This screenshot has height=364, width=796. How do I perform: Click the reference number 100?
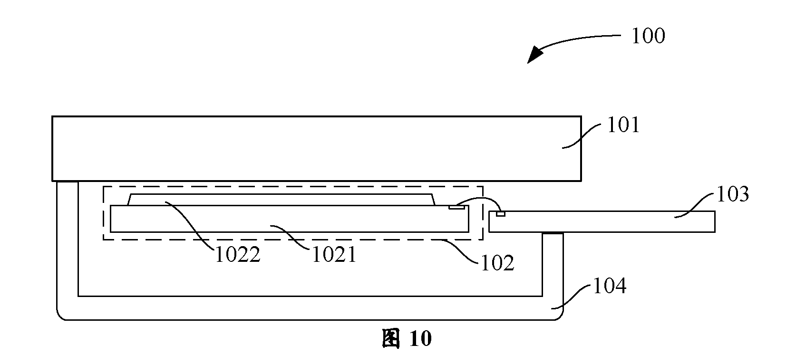[x=648, y=36]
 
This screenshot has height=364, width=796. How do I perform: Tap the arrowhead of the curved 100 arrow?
[x=535, y=56]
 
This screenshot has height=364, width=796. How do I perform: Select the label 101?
[x=623, y=125]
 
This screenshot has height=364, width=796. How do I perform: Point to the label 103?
[x=733, y=194]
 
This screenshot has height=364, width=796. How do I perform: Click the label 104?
[x=610, y=286]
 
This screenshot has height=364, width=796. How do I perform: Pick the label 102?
[x=497, y=263]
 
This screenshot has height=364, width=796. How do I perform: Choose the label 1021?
[x=334, y=255]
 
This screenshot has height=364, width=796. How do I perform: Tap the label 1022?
[x=238, y=255]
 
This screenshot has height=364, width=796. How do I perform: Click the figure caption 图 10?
[x=407, y=338]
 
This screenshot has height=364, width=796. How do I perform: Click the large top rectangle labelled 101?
[x=317, y=148]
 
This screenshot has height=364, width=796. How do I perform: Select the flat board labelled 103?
[x=602, y=221]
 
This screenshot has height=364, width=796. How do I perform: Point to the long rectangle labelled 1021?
[x=290, y=219]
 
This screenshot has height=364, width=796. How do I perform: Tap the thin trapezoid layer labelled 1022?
[x=281, y=200]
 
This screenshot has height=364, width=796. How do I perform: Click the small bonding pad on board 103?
[x=501, y=214]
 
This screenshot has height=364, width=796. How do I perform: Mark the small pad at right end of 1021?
[x=456, y=207]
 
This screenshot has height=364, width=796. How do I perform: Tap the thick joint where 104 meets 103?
[x=553, y=233]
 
